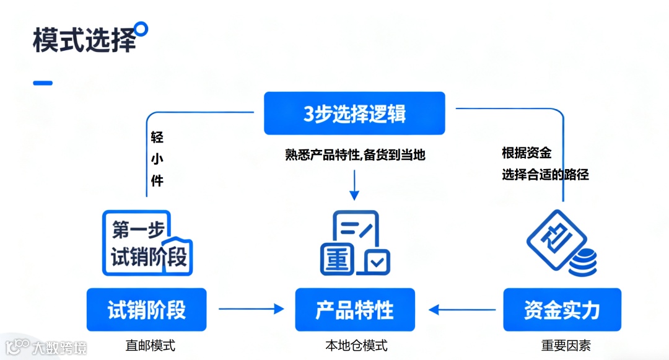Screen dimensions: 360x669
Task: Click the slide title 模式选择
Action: point(84,40)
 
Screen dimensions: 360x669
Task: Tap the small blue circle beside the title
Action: point(142,29)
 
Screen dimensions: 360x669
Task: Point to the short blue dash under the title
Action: point(43,82)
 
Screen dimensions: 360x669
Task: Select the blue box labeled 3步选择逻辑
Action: point(354,113)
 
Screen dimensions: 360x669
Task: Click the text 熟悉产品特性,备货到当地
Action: point(355,155)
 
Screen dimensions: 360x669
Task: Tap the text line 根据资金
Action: point(527,152)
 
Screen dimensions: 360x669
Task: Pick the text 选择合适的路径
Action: point(545,175)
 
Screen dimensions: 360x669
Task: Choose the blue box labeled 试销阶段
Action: point(147,309)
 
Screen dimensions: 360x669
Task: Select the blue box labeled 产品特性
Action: point(355,309)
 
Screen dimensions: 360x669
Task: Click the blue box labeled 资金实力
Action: point(562,309)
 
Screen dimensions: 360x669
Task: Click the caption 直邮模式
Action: point(151,345)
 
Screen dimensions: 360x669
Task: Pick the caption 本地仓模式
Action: point(356,345)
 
